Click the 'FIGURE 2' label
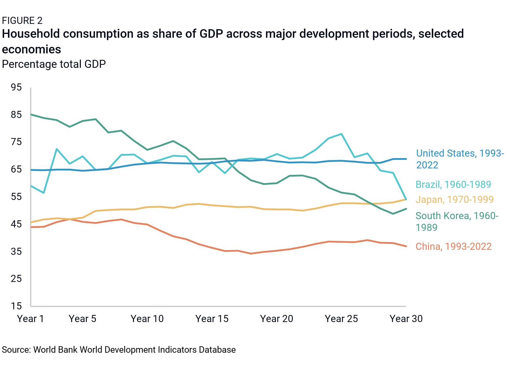point(22,21)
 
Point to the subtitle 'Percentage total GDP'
point(54,64)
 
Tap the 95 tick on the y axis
point(16,87)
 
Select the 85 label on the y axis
point(16,115)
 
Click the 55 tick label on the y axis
point(16,197)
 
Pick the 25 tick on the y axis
point(16,279)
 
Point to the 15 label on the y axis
point(16,306)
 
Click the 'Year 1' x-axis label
point(30,319)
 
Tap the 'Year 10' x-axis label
point(147,319)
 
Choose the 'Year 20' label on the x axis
point(277,319)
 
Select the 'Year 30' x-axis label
point(406,319)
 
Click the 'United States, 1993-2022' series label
point(460,159)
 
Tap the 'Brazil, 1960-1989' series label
point(453,185)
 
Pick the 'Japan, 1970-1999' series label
point(455,200)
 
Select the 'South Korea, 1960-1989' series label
point(457,221)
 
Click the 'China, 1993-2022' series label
point(454,247)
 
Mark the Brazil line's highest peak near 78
point(341,134)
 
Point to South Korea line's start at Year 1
point(31,114)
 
